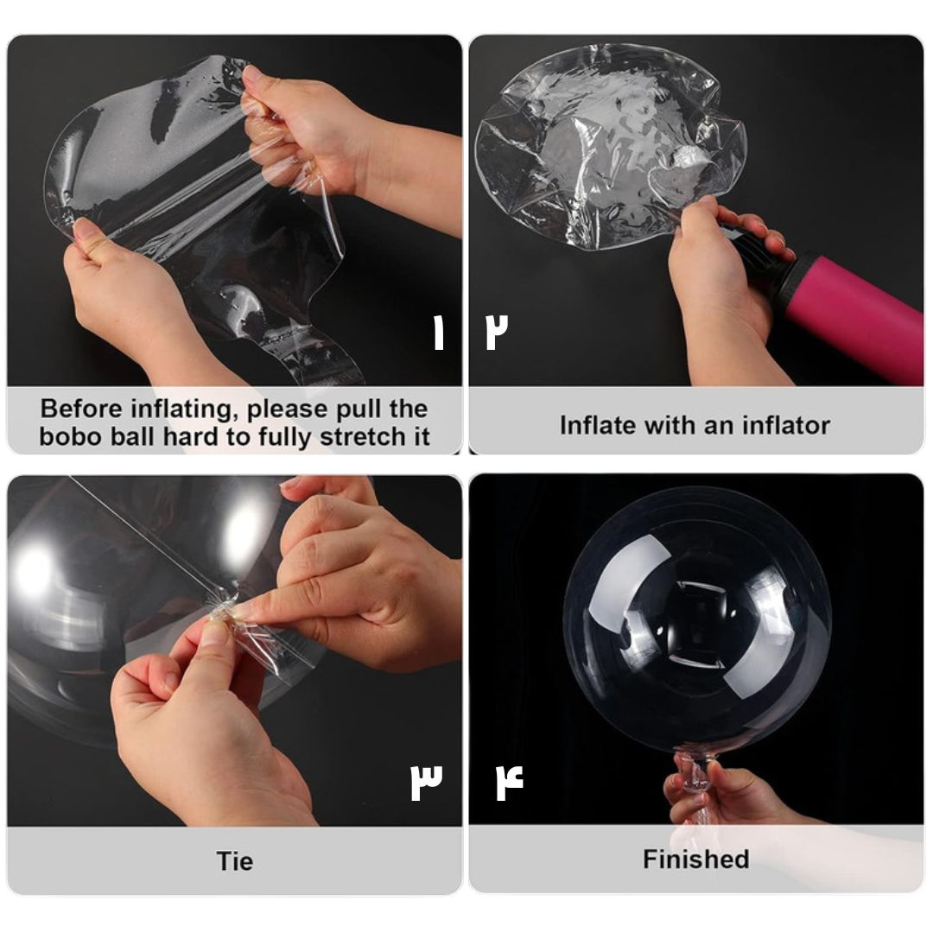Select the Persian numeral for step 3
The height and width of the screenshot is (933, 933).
426,781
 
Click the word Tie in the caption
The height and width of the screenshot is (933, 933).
234,861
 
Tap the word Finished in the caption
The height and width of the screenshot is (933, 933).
695,860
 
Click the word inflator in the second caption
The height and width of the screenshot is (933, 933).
785,425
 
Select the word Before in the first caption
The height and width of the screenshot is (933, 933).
81,409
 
